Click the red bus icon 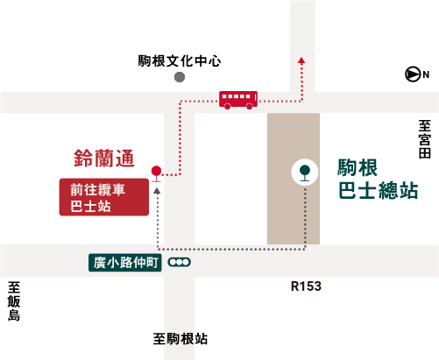point(238,100)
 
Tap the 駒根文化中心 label point(180,61)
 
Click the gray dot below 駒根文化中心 point(180,77)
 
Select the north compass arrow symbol point(413,74)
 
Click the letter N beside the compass point(426,75)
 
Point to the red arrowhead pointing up point(301,60)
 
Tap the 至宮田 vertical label point(425,139)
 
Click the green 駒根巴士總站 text point(378,179)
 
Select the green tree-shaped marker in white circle point(305,173)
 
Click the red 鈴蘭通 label point(103,159)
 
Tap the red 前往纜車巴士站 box point(104,197)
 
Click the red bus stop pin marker point(156,173)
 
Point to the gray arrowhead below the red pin point(157,191)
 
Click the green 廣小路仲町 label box point(125,263)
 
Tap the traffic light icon point(179,262)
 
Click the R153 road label point(306,286)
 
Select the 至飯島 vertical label point(14,301)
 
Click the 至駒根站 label point(181,339)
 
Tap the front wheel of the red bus point(250,106)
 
